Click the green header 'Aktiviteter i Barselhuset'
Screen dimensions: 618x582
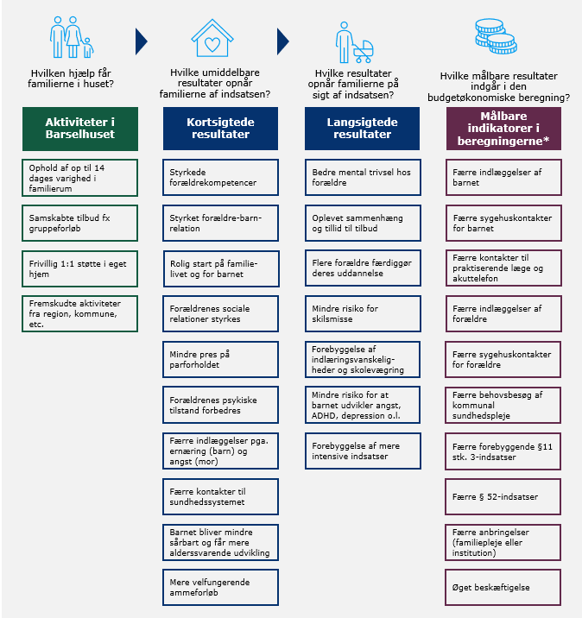coord(80,129)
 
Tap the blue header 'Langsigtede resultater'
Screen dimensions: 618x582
coord(363,129)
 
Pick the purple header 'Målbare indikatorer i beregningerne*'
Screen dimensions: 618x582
coord(503,129)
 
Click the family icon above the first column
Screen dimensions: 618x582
coord(70,38)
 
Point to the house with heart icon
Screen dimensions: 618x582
coord(212,39)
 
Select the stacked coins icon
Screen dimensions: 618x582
coord(494,36)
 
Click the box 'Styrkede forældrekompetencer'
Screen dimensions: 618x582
coord(221,177)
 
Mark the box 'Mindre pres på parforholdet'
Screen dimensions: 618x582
coord(221,358)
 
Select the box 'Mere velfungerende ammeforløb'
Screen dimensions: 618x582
coord(221,587)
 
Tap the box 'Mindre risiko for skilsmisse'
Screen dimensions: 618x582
coord(363,312)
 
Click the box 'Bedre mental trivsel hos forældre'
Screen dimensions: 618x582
coord(363,177)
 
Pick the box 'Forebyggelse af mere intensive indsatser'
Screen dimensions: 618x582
coord(363,451)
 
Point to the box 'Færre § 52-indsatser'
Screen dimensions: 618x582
coord(503,496)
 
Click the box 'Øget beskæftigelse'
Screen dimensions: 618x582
coord(503,587)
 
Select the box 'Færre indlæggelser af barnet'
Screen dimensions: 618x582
coord(503,177)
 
